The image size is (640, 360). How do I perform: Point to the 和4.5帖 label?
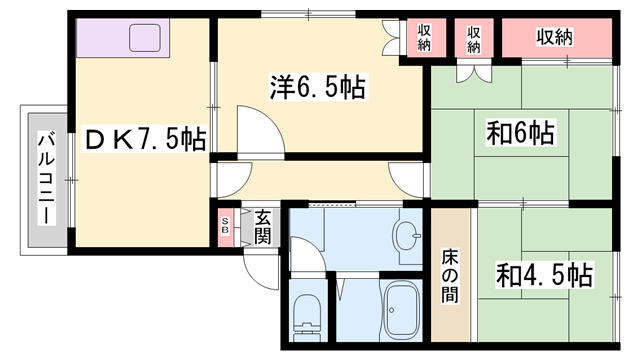(x=542, y=273)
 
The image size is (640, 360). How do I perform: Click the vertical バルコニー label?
(x=46, y=177)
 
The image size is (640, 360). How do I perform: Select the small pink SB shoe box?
(x=226, y=227)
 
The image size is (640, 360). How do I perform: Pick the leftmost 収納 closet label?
(x=423, y=37)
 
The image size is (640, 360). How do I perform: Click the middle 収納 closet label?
(x=473, y=37)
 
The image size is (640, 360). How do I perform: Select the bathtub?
(x=405, y=309)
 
